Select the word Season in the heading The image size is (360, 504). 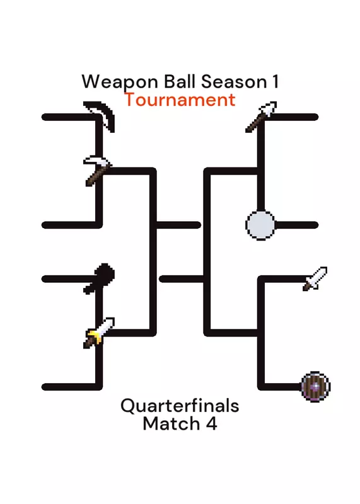coord(234,82)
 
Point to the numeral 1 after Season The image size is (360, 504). coord(275,81)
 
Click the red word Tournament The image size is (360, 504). coord(180,100)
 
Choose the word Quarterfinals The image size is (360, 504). coord(180,406)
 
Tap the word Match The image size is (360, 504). coord(171,423)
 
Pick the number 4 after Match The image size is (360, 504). coord(211,423)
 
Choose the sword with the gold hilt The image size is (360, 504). coord(99,333)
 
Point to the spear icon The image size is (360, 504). coord(261,117)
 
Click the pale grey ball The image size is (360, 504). coord(260,225)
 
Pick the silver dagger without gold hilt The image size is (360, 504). coord(315,278)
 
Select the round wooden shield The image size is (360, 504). coord(316,386)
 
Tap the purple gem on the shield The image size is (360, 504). coord(316,386)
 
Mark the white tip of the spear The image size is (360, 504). coord(269,108)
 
